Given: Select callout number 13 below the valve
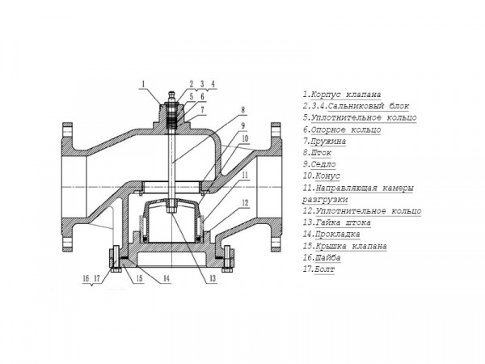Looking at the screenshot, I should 213,279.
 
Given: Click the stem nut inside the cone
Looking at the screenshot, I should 171,212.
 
